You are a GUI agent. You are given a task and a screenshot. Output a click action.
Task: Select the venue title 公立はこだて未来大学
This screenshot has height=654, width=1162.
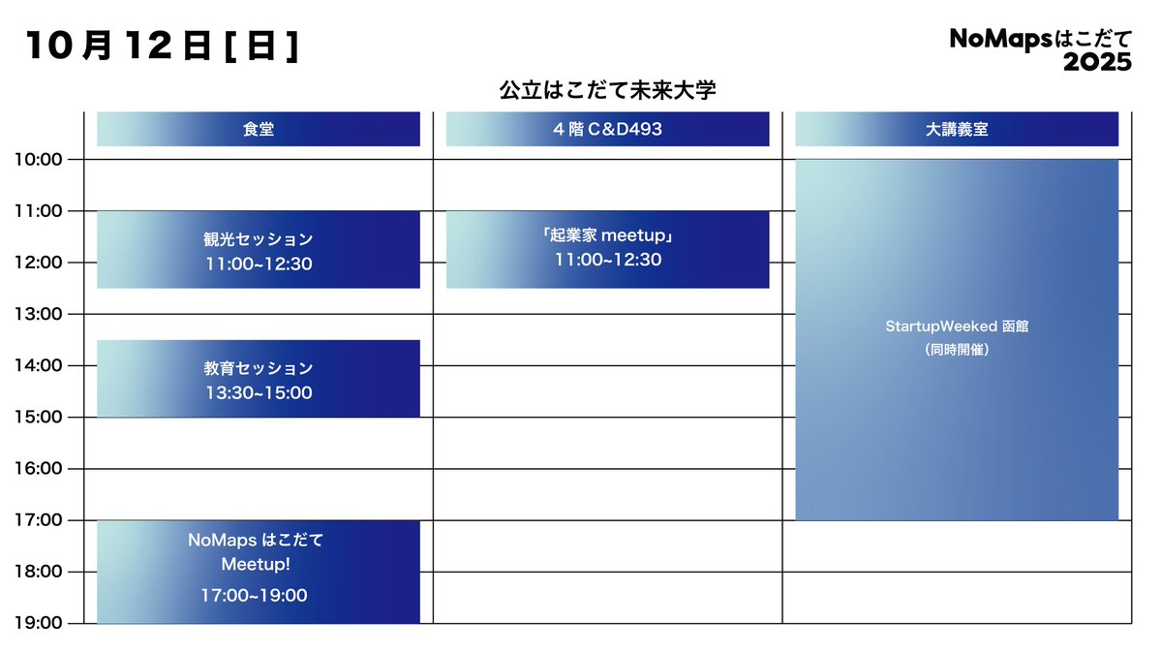(607, 91)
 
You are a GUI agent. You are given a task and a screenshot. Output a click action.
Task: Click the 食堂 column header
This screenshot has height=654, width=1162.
(259, 129)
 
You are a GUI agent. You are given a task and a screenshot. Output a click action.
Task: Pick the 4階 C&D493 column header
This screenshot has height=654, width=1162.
(607, 129)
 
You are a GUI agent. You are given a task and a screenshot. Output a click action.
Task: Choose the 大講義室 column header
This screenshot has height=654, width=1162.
(957, 129)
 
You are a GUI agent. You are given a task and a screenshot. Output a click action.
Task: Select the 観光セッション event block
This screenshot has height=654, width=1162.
(259, 249)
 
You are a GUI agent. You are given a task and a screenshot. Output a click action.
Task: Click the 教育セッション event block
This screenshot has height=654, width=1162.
(259, 379)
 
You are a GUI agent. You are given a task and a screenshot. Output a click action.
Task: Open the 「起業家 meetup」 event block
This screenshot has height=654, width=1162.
(607, 249)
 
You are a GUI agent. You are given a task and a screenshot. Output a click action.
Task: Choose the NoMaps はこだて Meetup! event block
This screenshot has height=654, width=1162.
(259, 572)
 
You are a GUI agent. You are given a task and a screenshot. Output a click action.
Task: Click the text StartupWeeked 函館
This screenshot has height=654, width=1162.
(957, 327)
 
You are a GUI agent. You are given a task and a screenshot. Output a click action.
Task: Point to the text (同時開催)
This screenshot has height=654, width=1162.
(957, 350)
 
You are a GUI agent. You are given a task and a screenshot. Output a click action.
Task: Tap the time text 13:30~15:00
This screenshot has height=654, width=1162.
(259, 393)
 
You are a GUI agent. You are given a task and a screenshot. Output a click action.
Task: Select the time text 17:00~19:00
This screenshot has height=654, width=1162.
(254, 596)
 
